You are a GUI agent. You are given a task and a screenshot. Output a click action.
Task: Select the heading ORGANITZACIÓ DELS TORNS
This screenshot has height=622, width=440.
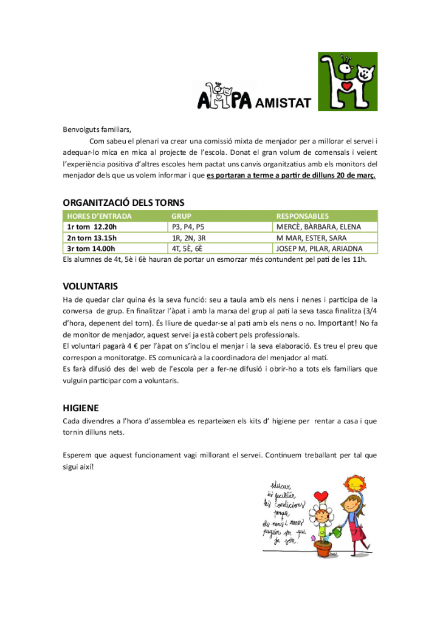tap(124, 202)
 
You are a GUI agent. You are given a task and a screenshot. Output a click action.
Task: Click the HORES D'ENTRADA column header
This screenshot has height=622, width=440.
tap(99, 216)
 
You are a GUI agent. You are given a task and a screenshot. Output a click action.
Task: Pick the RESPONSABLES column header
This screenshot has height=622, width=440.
tap(303, 216)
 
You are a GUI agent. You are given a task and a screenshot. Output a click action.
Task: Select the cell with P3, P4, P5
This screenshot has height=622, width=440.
tap(188, 227)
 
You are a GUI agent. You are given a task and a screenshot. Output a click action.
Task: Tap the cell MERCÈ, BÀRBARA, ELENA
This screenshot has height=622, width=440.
tap(318, 227)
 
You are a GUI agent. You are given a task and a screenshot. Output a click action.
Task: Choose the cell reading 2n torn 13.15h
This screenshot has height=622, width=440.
tap(91, 238)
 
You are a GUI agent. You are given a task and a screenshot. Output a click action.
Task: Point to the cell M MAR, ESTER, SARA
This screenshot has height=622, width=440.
tap(311, 238)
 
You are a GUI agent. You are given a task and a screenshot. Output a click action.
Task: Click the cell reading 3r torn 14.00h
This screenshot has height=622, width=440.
tap(91, 248)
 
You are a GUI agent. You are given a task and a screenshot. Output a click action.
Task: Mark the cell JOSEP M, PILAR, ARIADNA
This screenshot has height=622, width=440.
tap(319, 248)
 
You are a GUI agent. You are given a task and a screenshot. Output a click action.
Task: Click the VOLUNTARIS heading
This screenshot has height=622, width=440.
tap(91, 285)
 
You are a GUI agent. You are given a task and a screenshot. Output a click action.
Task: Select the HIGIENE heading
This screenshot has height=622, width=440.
tap(81, 408)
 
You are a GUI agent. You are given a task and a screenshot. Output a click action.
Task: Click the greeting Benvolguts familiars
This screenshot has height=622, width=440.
tap(97, 129)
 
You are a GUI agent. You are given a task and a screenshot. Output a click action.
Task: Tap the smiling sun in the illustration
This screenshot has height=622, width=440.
tap(355, 484)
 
